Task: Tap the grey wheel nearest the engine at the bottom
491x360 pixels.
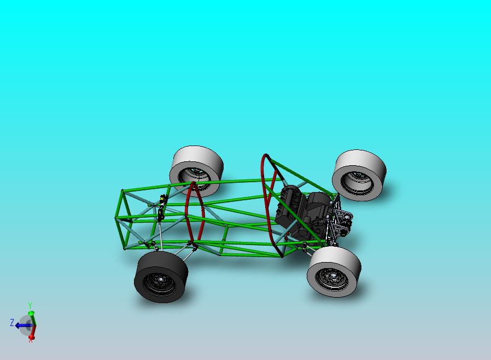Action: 334,272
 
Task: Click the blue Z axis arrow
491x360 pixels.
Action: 22,326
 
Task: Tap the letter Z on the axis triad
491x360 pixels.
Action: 12,323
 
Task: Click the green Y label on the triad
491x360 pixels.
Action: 30,306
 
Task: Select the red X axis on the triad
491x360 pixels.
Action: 32,333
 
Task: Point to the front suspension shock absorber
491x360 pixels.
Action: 161,208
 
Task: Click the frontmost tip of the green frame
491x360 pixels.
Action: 116,218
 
